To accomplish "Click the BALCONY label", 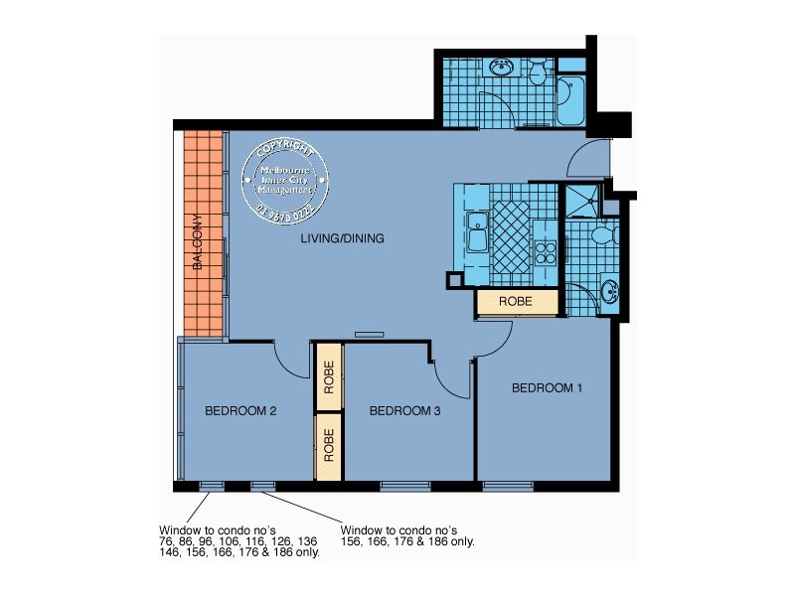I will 198,243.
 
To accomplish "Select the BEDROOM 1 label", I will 547,388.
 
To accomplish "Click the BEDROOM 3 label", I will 403,410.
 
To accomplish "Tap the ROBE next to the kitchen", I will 516,300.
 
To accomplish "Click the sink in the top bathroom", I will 500,69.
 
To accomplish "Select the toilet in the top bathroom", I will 537,73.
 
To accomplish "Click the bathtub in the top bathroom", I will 571,99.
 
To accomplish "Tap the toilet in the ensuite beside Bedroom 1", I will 601,236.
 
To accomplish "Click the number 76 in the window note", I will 166,541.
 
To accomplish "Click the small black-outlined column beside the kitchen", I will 454,280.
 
